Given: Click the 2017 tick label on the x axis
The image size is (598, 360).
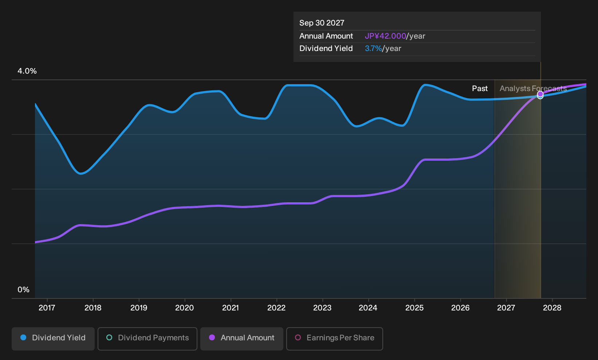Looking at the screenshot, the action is tap(47, 308).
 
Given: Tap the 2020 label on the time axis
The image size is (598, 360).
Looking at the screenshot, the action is tap(185, 308).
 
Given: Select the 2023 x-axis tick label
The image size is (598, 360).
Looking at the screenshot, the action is tap(322, 308).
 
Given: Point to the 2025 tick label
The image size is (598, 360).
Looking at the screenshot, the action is tap(414, 308).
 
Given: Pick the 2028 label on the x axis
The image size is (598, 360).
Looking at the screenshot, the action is tap(552, 308).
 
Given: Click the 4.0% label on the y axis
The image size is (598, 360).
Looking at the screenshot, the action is tap(27, 71).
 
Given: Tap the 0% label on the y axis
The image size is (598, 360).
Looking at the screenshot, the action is tap(24, 290).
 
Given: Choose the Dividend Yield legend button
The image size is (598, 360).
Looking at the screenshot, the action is tap(53, 339).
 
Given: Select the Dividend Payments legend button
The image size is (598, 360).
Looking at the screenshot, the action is tap(147, 339).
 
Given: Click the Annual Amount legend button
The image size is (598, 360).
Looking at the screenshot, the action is tap(241, 339).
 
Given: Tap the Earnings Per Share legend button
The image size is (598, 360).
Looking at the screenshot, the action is tap(334, 339).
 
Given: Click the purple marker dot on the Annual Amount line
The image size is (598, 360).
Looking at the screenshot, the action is tap(540, 94).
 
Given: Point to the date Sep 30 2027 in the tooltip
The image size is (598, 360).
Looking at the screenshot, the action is tap(322, 23).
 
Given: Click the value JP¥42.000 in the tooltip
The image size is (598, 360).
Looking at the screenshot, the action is tap(385, 36).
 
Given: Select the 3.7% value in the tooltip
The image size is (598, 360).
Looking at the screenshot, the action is tap(373, 48).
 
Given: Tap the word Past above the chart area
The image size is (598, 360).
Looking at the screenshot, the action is tap(480, 89).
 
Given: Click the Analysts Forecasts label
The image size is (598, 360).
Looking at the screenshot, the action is tap(533, 89).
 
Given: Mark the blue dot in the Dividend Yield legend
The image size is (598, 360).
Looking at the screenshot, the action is tap(24, 337).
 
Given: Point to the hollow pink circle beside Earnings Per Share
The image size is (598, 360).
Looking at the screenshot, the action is tap(298, 337).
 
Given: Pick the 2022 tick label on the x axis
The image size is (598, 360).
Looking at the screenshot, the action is tap(276, 308).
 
